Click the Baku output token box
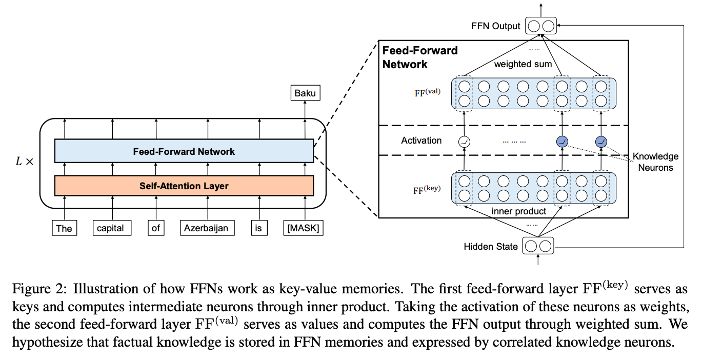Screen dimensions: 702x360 (305, 93)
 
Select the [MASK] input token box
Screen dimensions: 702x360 (303, 228)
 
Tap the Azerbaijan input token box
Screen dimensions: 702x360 (207, 228)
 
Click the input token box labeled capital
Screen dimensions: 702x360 (112, 228)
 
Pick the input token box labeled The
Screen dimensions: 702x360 (64, 228)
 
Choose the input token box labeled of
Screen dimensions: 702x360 (156, 228)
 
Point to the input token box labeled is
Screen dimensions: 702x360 (259, 228)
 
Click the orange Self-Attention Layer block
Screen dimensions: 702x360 (184, 186)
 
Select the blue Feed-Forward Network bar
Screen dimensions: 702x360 (184, 151)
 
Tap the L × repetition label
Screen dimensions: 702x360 (25, 162)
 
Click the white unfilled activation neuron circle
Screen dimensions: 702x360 (464, 142)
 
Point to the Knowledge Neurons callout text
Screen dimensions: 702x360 (655, 162)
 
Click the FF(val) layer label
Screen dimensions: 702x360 (428, 92)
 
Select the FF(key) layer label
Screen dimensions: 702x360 (427, 190)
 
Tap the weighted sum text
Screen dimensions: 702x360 (523, 64)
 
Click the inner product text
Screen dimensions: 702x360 (518, 211)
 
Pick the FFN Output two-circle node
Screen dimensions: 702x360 (541, 26)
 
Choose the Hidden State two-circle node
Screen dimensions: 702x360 (538, 246)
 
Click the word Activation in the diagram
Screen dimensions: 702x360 (421, 141)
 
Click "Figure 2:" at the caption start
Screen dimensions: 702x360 (39, 289)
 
